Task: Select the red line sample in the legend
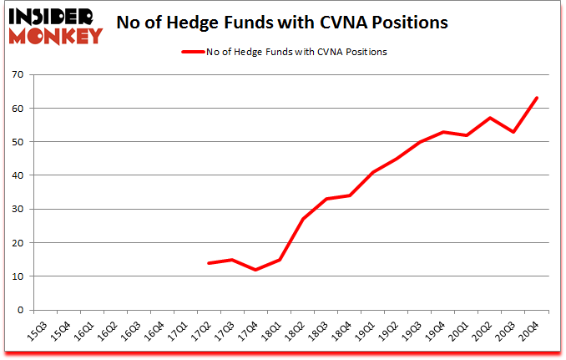[193, 52]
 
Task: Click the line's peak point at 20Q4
[537, 98]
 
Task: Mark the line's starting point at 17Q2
[209, 263]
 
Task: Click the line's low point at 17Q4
[255, 270]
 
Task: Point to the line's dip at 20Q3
[513, 132]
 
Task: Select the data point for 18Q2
[302, 219]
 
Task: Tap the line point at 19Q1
[372, 172]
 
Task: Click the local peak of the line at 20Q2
[490, 118]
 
